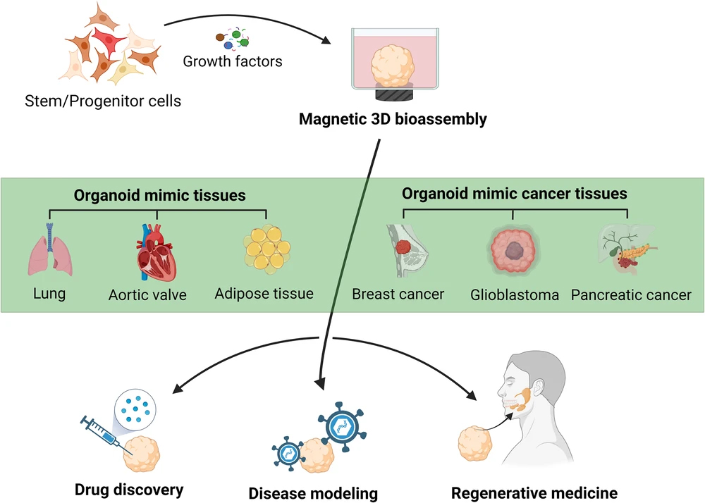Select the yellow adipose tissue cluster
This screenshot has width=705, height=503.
tap(267, 249)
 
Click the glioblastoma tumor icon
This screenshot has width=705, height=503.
tap(513, 249)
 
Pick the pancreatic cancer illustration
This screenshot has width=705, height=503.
tap(626, 249)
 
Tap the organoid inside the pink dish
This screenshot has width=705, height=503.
tap(393, 66)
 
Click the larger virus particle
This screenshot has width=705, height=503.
tap(342, 427)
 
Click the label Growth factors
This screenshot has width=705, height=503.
tap(233, 61)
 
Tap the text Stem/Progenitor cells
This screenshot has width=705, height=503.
tap(103, 101)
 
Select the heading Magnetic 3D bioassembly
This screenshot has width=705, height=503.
tap(393, 119)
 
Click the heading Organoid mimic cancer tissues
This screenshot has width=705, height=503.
tap(515, 194)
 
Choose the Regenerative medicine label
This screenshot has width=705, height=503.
tap(534, 492)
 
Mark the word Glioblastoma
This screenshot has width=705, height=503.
tap(515, 295)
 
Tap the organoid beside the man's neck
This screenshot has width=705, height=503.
tap(475, 444)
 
